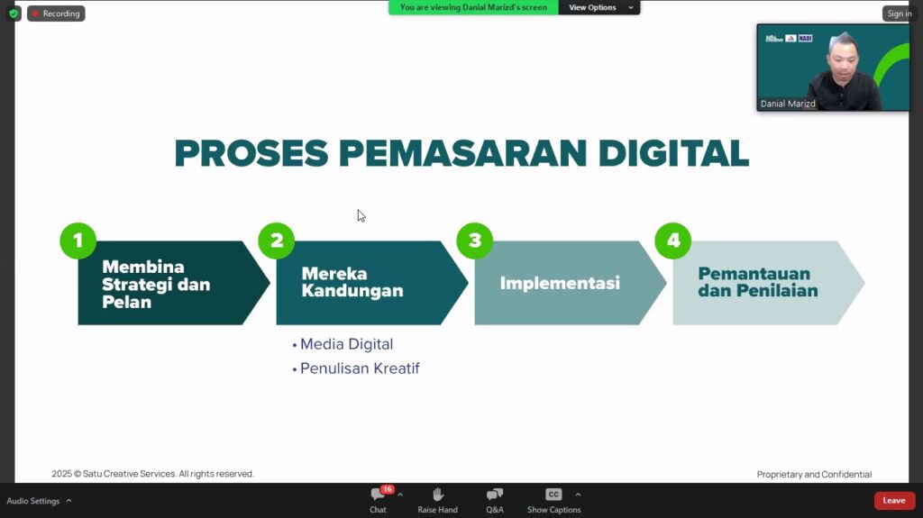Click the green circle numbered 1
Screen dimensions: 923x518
point(78,241)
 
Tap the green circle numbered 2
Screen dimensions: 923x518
point(276,241)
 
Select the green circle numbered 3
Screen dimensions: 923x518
point(474,241)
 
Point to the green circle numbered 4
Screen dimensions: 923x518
point(672,241)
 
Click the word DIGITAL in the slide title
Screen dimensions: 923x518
point(673,153)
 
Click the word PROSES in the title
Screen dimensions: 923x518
point(251,153)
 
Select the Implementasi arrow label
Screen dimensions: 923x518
point(560,283)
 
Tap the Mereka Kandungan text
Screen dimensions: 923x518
point(352,282)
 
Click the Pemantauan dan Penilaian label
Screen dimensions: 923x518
point(757,282)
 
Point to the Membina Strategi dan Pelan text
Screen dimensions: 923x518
point(156,285)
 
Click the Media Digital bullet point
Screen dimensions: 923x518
point(343,344)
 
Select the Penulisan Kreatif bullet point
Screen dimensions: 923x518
point(355,368)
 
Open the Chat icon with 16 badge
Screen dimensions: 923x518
point(378,495)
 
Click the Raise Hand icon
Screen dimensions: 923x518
point(437,495)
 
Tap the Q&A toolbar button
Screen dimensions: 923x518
point(495,500)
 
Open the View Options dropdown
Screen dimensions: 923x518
point(599,7)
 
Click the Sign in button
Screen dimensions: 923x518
point(900,14)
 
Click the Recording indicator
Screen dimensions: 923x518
point(56,14)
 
